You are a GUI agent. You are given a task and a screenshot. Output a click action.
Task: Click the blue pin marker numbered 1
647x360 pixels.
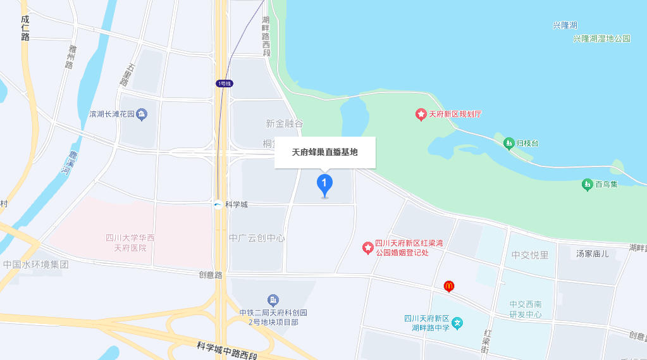click(x=324, y=185)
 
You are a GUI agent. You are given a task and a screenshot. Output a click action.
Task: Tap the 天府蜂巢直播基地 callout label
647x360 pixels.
click(x=324, y=152)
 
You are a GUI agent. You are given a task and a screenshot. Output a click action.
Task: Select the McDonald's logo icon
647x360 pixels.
click(x=449, y=287)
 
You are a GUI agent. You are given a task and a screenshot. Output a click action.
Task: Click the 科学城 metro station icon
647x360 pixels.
click(x=218, y=204)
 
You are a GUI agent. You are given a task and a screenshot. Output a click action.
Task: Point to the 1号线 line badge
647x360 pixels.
click(x=225, y=84)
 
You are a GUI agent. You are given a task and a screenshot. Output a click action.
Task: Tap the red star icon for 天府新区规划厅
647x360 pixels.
click(x=421, y=115)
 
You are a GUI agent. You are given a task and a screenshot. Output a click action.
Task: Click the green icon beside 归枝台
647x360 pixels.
click(x=509, y=144)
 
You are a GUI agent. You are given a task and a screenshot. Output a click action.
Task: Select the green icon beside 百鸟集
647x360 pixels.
click(x=587, y=185)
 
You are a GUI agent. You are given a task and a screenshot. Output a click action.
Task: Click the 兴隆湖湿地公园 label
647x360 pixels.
click(x=601, y=39)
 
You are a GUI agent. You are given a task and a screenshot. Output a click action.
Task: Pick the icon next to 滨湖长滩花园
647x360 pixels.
click(x=142, y=115)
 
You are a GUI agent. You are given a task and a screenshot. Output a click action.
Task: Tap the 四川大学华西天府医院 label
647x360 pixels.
click(x=130, y=242)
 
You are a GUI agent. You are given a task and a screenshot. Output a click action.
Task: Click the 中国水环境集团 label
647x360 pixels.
click(x=35, y=264)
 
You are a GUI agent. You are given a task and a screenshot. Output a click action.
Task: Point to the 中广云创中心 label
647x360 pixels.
click(x=257, y=239)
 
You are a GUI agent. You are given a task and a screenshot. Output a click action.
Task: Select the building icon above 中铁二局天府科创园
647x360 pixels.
click(x=273, y=299)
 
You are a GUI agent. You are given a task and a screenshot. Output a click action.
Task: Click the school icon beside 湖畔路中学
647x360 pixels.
click(x=457, y=323)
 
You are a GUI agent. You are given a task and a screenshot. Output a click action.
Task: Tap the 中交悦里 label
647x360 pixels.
click(x=530, y=255)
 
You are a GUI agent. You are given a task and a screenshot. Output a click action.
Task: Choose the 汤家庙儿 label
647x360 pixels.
click(x=593, y=254)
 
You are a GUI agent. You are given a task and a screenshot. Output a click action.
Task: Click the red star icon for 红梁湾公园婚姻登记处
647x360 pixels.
click(x=367, y=247)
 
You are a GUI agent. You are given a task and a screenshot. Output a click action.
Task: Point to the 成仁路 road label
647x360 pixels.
click(x=25, y=28)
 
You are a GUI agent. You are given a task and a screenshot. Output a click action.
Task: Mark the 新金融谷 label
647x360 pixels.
click(x=285, y=123)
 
